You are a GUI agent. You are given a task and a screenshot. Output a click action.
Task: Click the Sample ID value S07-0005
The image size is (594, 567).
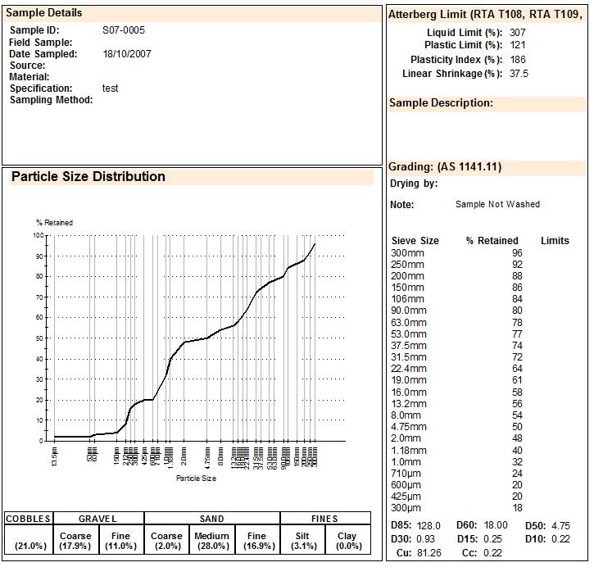coord(124,30)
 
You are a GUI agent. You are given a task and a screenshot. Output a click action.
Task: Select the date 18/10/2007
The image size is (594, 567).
coord(127,54)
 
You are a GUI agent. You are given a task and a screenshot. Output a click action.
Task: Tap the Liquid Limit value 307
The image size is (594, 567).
coord(518,33)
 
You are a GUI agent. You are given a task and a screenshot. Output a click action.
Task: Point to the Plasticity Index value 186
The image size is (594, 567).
coord(518,60)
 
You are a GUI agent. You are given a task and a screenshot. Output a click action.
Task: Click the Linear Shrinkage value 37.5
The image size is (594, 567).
coord(519,74)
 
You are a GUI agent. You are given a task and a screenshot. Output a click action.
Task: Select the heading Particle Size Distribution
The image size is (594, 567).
coord(88,177)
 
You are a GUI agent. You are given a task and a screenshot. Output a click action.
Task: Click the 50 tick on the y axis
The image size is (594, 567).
coord(38,338)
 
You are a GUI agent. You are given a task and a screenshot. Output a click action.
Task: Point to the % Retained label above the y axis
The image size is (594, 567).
coord(54,223)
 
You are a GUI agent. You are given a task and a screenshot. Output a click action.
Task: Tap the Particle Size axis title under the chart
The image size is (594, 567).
coord(197,479)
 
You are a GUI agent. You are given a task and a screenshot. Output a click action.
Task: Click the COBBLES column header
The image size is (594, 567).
coord(29,519)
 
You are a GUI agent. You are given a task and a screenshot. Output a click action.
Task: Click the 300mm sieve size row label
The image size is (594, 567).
coord(407,253)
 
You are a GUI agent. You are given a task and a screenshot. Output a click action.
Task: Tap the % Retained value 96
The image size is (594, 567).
coord(517,253)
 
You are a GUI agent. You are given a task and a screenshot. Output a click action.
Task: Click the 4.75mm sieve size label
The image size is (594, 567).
coord(409,427)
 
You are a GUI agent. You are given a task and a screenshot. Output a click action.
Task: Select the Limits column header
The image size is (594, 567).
coord(555,241)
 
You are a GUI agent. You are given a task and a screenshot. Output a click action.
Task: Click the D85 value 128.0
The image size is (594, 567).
coord(428,526)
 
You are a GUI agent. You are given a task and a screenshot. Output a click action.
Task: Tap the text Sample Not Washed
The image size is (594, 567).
coord(497,205)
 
